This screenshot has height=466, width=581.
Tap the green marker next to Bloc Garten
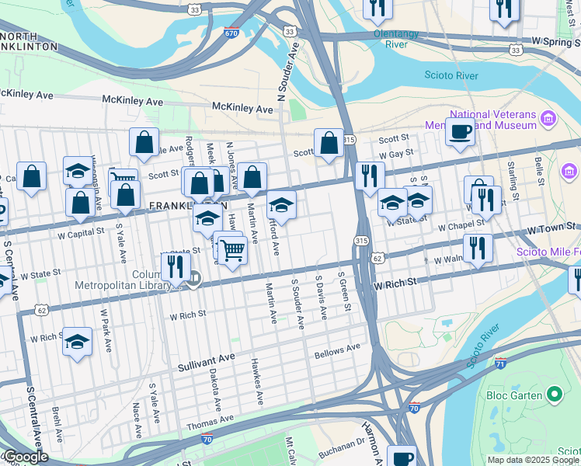coord(554,395)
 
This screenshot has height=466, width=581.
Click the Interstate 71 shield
coord(501,363)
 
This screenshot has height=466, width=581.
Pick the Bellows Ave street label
coord(338,352)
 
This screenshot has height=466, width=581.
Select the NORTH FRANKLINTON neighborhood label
coord(29,41)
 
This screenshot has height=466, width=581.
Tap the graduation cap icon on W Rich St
coord(77,342)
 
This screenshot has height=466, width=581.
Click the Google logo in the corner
coord(25,457)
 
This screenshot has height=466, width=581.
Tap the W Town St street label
coord(552,231)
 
